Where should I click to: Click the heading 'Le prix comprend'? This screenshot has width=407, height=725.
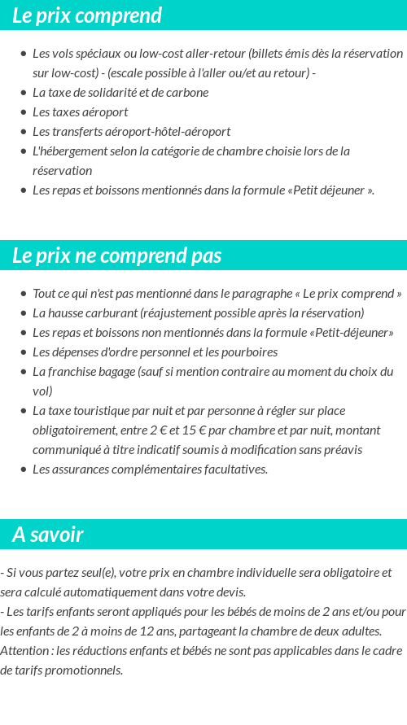point(87,15)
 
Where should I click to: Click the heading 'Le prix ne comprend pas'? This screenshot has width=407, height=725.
point(116,255)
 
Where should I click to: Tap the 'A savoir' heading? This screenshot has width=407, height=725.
point(47,535)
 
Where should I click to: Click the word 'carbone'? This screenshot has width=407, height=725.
point(188,93)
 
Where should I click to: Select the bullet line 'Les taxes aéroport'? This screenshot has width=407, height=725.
point(80,112)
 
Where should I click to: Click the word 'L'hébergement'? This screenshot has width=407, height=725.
point(66,151)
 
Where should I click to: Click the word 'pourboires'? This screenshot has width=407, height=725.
point(248,352)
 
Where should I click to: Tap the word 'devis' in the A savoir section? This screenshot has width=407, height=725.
point(230,592)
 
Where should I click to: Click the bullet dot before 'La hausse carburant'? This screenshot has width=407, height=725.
point(24,313)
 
